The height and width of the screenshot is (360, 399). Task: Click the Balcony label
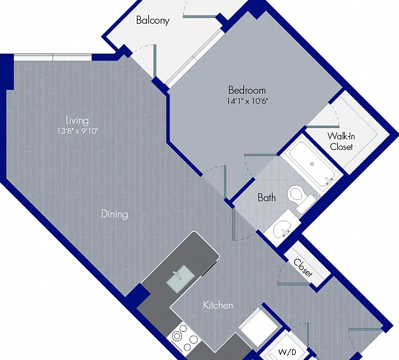coord(153,21)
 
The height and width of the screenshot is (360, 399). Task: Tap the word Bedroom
coord(247,90)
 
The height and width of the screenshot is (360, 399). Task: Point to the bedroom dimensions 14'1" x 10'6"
coord(247,101)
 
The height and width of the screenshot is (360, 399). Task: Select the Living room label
coord(77,121)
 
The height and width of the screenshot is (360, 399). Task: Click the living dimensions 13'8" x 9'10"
coord(78,131)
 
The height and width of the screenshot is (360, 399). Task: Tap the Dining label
coord(114,214)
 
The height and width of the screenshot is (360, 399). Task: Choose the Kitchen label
coord(218,305)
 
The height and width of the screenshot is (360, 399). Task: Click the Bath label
coord(266,197)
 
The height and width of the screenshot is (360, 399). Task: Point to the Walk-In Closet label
coord(341,141)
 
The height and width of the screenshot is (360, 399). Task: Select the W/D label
coord(287,352)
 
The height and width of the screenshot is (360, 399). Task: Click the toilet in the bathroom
coord(301,197)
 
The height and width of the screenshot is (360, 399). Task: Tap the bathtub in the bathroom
coord(311,163)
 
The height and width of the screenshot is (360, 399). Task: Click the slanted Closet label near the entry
coord(303,267)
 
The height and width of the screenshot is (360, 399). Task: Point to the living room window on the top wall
coord(53,57)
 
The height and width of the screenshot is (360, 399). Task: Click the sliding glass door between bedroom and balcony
coord(194,58)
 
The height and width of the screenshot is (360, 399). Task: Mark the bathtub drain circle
coord(312,164)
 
